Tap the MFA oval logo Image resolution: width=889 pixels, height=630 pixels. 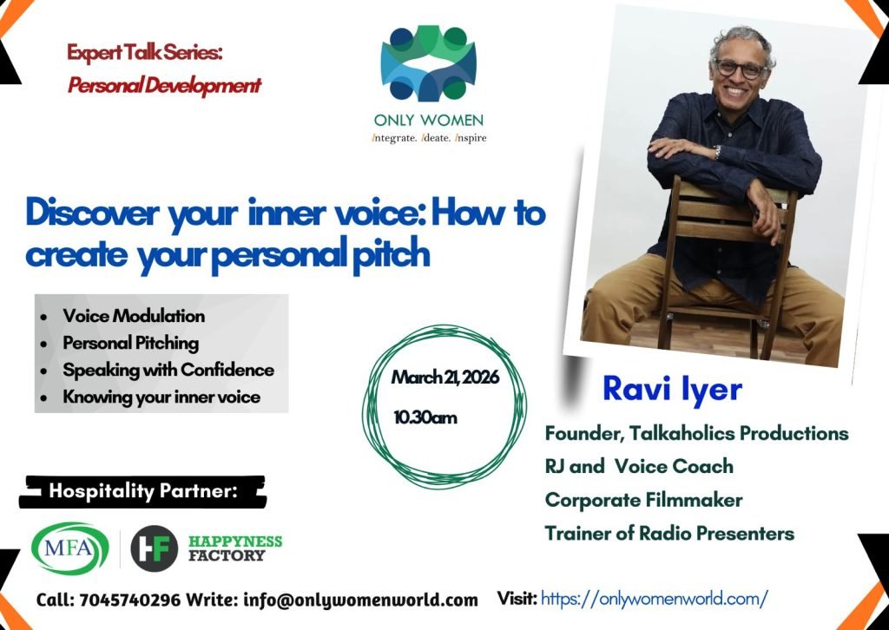pyautogui.click(x=70, y=548)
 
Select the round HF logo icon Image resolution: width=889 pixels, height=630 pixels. pyautogui.click(x=155, y=548)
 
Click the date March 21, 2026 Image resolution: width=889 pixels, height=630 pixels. pyautogui.click(x=445, y=377)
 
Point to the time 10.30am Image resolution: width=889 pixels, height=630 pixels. pyautogui.click(x=425, y=418)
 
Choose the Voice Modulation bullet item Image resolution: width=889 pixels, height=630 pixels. pyautogui.click(x=134, y=316)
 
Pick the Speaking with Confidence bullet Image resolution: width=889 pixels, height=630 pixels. pyautogui.click(x=168, y=370)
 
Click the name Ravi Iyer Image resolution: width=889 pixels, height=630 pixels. pyautogui.click(x=673, y=390)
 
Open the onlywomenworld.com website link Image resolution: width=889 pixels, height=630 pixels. pyautogui.click(x=655, y=598)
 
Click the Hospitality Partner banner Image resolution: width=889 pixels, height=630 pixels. pyautogui.click(x=143, y=491)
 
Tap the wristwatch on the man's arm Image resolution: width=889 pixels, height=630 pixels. pyautogui.click(x=717, y=152)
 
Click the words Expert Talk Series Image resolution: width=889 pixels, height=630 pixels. pyautogui.click(x=145, y=53)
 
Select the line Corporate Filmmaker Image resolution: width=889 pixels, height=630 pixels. pyautogui.click(x=643, y=500)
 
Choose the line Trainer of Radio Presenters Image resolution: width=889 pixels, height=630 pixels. pyautogui.click(x=669, y=534)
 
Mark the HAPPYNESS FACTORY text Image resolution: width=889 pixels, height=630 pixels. pyautogui.click(x=235, y=548)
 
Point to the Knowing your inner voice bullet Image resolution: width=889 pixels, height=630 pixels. pyautogui.click(x=161, y=397)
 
